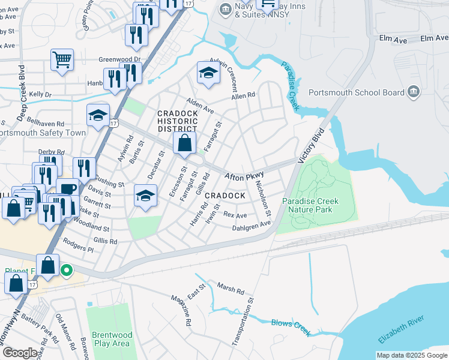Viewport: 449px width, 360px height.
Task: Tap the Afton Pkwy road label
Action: [x=244, y=176]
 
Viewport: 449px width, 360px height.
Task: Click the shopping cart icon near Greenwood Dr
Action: [x=62, y=61]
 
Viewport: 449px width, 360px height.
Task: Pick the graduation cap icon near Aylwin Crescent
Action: [x=208, y=73]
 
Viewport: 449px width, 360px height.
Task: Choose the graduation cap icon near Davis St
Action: [x=145, y=196]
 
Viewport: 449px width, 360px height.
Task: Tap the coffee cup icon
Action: [x=67, y=188]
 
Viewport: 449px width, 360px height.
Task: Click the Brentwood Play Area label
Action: [x=112, y=339]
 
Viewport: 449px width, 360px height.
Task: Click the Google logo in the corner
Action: [x=20, y=353]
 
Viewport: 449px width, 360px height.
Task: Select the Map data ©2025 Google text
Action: [x=411, y=355]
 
